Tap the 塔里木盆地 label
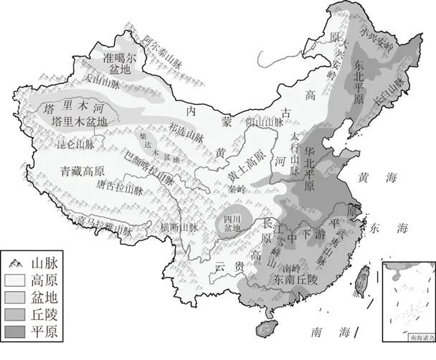pos(80,122)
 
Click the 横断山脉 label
pos(179,227)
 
